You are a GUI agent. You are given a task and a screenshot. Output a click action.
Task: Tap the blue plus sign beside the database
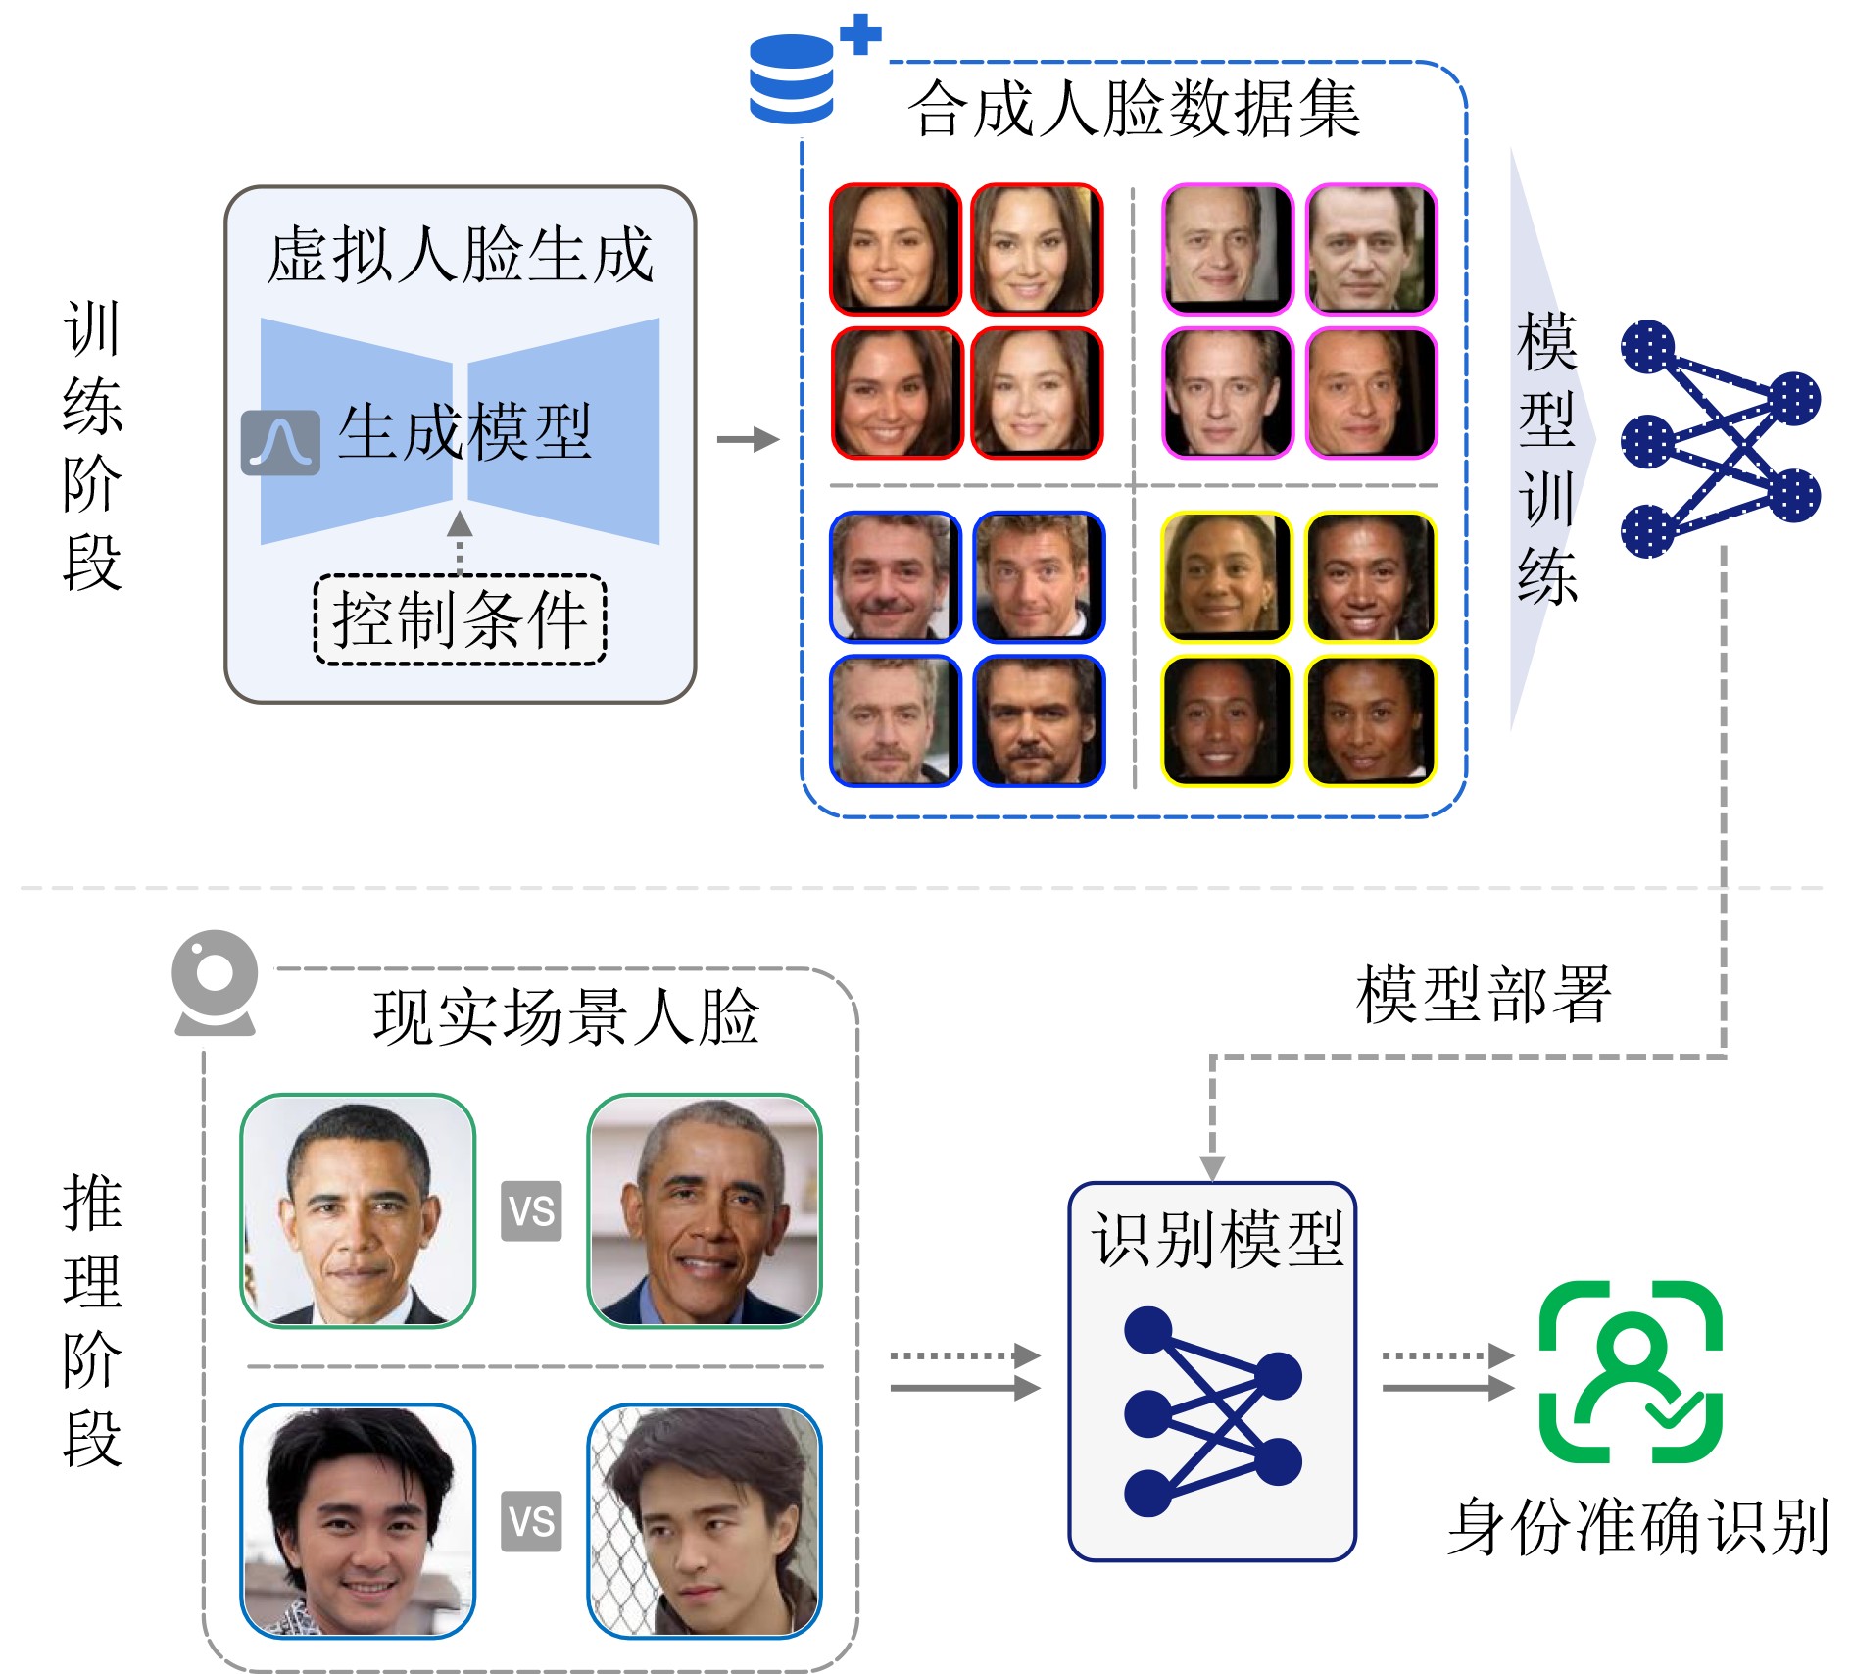point(860,35)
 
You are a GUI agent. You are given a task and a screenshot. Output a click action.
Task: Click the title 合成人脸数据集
point(1133,109)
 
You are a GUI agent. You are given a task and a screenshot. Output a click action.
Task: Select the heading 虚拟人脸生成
point(460,255)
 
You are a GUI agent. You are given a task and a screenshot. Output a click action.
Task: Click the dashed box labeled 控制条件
point(460,619)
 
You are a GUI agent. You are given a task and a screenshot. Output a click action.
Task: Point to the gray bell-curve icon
point(280,442)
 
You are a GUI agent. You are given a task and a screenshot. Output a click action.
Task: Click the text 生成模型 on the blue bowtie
point(464,431)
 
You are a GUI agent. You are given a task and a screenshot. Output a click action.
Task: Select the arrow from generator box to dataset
point(748,439)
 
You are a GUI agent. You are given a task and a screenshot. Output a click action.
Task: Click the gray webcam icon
point(215,983)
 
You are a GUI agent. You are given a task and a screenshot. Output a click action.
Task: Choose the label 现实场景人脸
point(565,1016)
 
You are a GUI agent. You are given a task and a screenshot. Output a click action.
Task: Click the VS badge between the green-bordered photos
point(531,1211)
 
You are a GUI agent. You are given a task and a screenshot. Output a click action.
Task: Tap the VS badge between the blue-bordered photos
point(531,1521)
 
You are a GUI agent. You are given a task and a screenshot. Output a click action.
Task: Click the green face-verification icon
point(1631,1371)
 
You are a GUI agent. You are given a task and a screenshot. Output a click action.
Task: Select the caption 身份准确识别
point(1637,1527)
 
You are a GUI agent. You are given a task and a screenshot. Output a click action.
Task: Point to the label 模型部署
point(1483,994)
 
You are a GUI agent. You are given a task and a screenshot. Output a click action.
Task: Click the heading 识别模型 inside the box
point(1216,1240)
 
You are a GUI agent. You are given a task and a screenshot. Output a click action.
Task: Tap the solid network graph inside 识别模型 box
point(1212,1411)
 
